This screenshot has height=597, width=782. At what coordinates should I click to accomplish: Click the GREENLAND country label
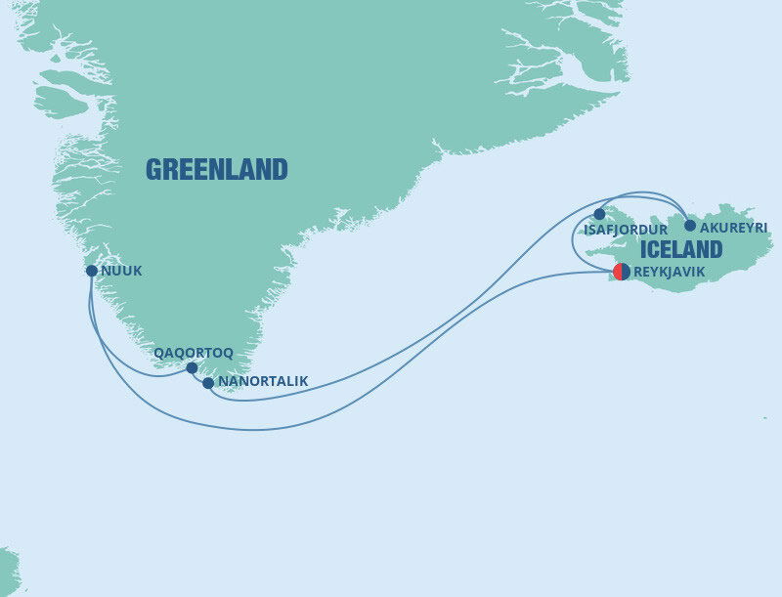pyautogui.click(x=216, y=170)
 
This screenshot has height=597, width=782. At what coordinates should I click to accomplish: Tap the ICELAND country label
pyautogui.click(x=681, y=249)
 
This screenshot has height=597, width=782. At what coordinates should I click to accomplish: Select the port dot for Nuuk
pyautogui.click(x=91, y=271)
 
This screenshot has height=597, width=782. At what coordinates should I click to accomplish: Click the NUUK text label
pyautogui.click(x=121, y=272)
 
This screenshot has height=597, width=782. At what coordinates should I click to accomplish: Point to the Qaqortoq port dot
pyautogui.click(x=193, y=368)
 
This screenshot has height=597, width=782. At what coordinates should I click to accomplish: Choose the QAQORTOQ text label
pyautogui.click(x=194, y=352)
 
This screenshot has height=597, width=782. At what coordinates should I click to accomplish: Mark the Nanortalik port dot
pyautogui.click(x=208, y=383)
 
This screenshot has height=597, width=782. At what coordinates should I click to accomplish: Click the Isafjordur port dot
pyautogui.click(x=600, y=214)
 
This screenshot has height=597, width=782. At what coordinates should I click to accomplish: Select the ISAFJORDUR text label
pyautogui.click(x=625, y=231)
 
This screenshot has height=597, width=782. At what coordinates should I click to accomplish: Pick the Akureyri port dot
pyautogui.click(x=690, y=226)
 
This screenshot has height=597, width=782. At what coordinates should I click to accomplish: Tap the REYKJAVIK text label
pyautogui.click(x=669, y=273)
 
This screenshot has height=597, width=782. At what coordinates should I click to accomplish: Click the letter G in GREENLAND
pyautogui.click(x=153, y=170)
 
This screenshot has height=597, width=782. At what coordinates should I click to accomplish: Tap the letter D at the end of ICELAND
pyautogui.click(x=715, y=249)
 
